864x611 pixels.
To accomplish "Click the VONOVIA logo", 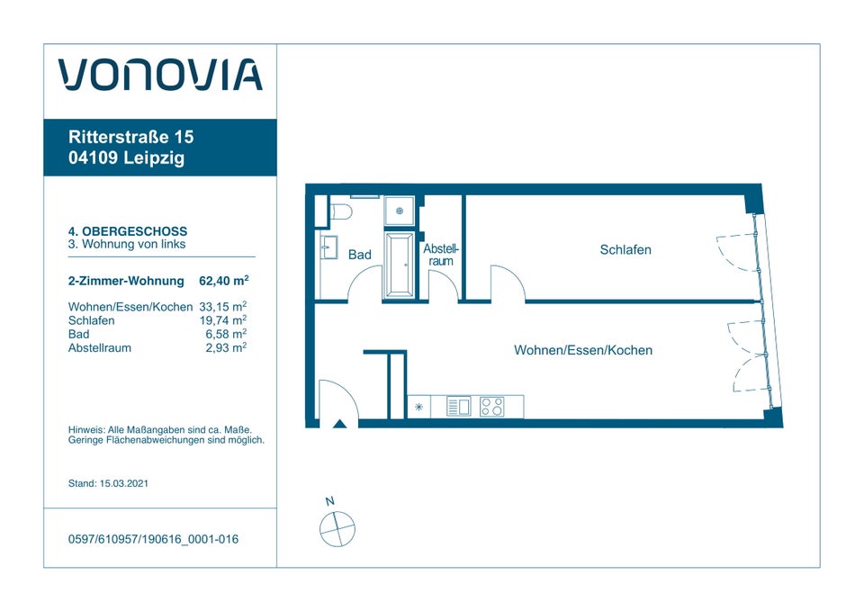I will click(x=160, y=76).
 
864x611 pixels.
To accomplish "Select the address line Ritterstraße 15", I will click(x=130, y=138).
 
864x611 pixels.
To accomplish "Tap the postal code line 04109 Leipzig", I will click(x=126, y=159).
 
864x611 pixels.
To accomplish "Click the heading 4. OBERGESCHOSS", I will click(x=128, y=231).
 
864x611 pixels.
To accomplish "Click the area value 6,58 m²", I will click(x=226, y=334).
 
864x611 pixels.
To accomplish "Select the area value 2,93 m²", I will click(x=226, y=347).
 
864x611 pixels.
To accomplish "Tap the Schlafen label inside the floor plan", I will click(x=625, y=249).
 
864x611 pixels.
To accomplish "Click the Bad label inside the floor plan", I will click(x=360, y=255).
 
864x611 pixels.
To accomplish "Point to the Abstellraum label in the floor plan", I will click(x=441, y=255).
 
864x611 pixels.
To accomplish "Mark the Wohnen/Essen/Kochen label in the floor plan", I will click(x=583, y=350).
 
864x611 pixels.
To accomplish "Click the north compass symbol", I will click(x=337, y=527).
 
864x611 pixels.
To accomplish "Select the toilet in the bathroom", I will click(x=340, y=212).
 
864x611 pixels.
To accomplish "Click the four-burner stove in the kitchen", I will click(x=491, y=407).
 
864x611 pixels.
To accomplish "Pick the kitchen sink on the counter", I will click(x=458, y=407).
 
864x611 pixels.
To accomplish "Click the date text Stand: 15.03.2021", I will click(x=108, y=483).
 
